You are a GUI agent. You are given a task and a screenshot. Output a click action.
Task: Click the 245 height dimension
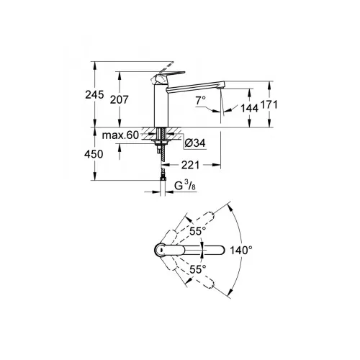(x=94, y=95)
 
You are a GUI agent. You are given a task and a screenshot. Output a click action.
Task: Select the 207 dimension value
(x=120, y=99)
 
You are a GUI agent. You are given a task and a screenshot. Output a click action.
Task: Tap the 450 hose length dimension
(x=94, y=154)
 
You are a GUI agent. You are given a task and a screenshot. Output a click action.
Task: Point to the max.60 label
(x=120, y=135)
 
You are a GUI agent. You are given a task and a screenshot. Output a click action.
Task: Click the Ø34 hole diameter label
(x=195, y=143)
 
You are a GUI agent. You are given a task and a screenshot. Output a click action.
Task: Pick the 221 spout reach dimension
(x=190, y=165)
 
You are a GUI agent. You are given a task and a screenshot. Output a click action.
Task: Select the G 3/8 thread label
(x=185, y=186)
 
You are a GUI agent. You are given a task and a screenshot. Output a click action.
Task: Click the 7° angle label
(x=200, y=100)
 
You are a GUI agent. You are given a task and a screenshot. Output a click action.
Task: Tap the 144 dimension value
(x=249, y=108)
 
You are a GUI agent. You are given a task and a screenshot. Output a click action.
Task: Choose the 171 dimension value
(x=269, y=105)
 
